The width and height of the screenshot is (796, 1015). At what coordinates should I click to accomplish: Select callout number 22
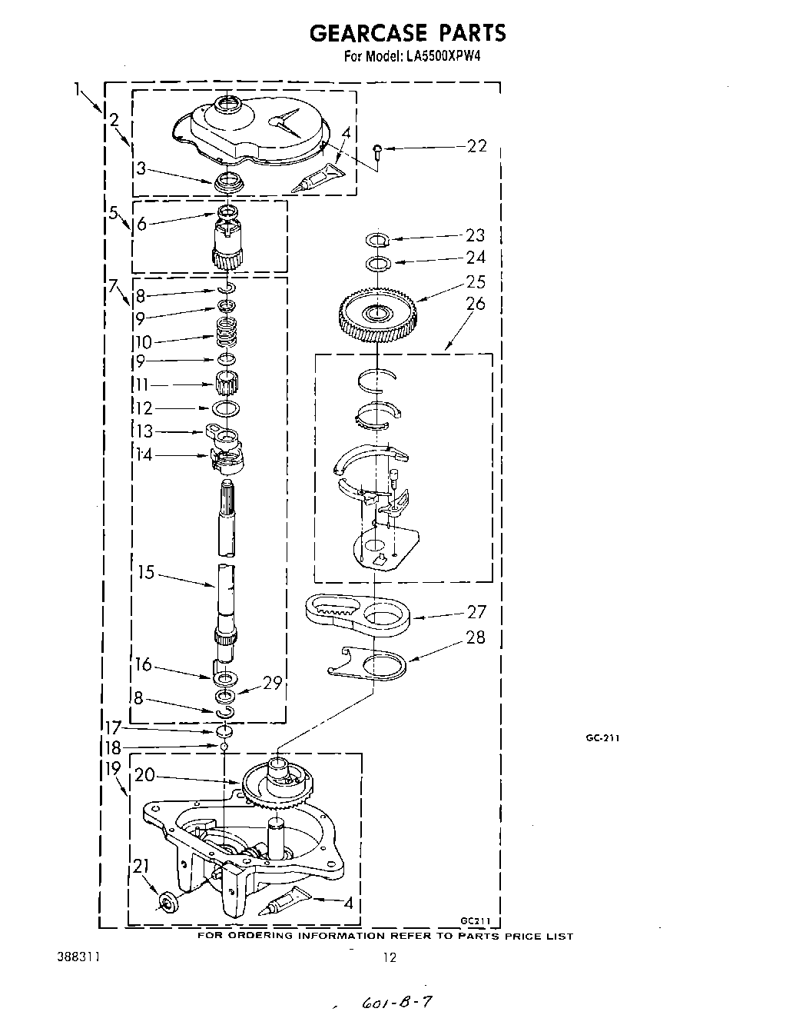476,146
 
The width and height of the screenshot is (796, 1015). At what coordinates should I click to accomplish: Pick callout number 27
476,612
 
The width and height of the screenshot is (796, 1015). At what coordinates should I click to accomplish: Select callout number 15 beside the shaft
146,572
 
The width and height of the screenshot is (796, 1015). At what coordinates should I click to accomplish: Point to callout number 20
145,774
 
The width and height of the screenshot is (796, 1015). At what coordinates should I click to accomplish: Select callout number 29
273,682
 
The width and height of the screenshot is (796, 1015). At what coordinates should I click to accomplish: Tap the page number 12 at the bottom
390,957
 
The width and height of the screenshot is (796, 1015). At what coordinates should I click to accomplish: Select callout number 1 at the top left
78,90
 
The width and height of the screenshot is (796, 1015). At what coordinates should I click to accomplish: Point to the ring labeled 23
378,240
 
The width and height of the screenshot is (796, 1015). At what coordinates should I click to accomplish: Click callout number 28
476,637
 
